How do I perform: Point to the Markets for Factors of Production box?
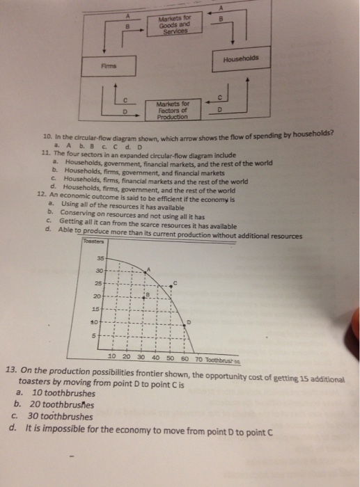click(x=170, y=110)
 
